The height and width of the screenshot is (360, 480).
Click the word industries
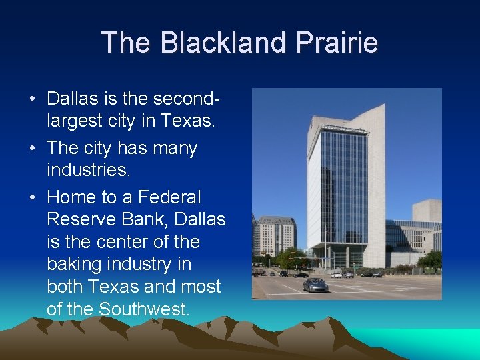click(88, 171)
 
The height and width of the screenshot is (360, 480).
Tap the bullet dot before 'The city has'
click(33, 148)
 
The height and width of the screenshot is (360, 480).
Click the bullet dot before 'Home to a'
click(33, 197)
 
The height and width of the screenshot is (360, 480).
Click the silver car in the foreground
click(315, 285)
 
